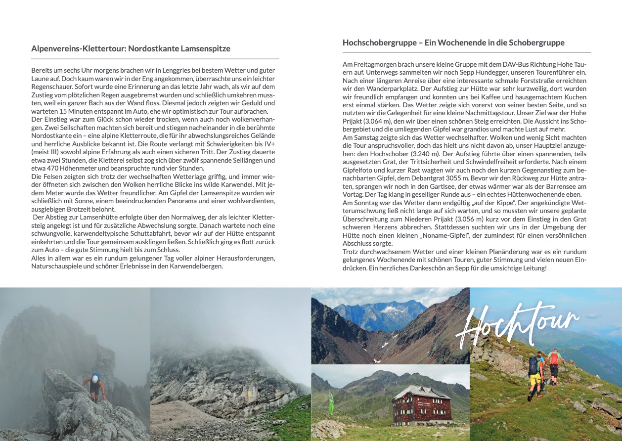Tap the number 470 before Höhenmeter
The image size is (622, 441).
pos(59,168)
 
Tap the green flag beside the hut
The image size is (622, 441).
pos(331,403)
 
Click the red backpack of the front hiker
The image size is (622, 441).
pos(555,357)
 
